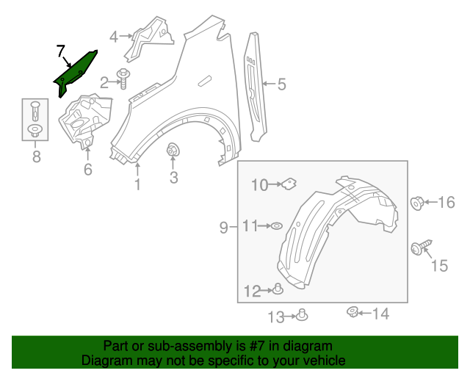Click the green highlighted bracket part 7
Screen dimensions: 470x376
[x=75, y=73]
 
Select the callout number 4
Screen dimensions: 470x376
[x=114, y=36]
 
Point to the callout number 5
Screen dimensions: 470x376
[x=281, y=84]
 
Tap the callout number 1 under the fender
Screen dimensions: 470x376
[x=137, y=186]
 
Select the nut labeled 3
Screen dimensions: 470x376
[x=173, y=151]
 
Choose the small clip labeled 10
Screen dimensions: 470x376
[x=289, y=181]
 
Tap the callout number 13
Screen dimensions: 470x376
[x=275, y=317]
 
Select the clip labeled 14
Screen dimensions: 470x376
[x=352, y=314]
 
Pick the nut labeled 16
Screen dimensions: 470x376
[x=416, y=202]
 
